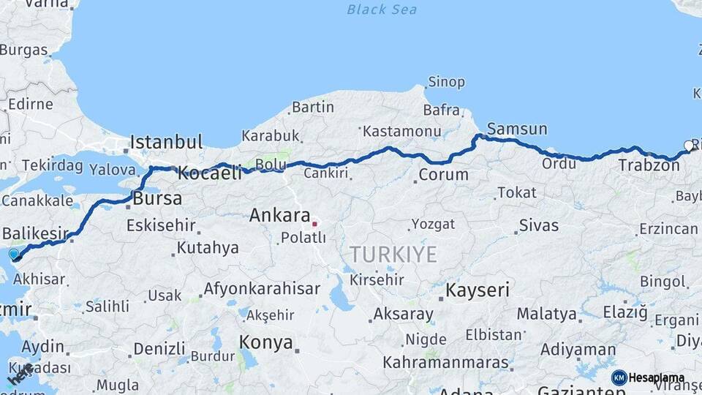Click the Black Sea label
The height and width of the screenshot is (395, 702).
pos(382,10)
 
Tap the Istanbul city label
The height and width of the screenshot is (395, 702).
pos(166,142)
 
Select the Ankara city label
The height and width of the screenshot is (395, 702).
pos(279,216)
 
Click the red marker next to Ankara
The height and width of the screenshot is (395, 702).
pos(314,224)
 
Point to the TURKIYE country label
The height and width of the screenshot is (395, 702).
pos(393,255)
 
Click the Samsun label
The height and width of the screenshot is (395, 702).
pos(517,129)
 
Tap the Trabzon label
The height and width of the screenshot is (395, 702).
pos(649,165)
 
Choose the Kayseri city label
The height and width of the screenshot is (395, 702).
pos(478,290)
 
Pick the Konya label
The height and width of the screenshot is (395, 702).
pos(266,342)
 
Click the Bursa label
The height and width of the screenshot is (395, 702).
pos(157,198)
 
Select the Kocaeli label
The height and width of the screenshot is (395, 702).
pos(209,174)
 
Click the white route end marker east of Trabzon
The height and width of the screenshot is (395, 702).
pos(688,145)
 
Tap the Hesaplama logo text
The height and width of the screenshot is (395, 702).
pos(657,378)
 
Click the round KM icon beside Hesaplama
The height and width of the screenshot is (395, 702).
pos(619,377)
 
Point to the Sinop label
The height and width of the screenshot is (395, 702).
pos(446,82)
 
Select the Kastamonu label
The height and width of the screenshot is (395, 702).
pos(403,131)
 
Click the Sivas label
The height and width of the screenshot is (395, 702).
pos(539,225)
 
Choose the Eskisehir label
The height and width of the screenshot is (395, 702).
pos(161,225)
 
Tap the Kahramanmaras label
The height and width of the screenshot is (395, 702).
pos(445,363)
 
